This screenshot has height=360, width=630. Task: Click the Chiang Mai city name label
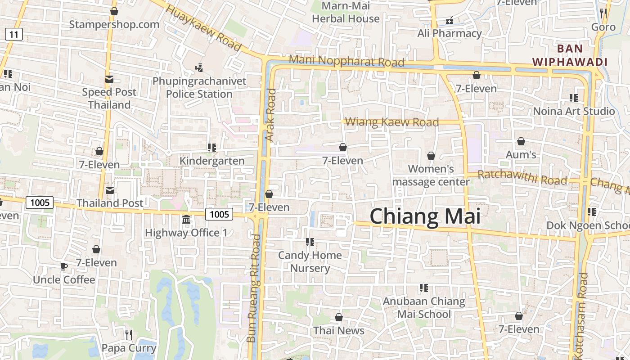(425, 217)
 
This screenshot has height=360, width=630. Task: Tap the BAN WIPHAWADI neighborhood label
(570, 55)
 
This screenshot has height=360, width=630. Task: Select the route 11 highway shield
(14, 34)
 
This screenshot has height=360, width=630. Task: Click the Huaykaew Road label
(203, 28)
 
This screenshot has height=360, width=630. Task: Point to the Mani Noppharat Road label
(346, 61)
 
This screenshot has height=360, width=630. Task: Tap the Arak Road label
(270, 115)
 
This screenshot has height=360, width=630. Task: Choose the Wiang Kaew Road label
(392, 122)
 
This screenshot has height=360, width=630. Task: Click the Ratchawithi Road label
(522, 177)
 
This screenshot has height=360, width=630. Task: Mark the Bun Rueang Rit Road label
(254, 288)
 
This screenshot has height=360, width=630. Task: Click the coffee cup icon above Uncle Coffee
(64, 266)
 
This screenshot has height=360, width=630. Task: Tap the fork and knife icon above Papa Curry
(129, 334)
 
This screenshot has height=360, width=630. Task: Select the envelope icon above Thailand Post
(109, 190)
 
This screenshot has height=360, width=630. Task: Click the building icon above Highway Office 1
(186, 220)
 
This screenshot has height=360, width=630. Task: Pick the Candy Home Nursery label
(310, 261)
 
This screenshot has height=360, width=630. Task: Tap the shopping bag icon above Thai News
(339, 317)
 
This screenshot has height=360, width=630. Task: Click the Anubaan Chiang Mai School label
(424, 307)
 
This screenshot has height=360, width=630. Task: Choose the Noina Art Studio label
(574, 111)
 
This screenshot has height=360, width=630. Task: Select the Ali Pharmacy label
(449, 33)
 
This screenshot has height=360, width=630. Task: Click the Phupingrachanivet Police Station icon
(199, 68)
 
